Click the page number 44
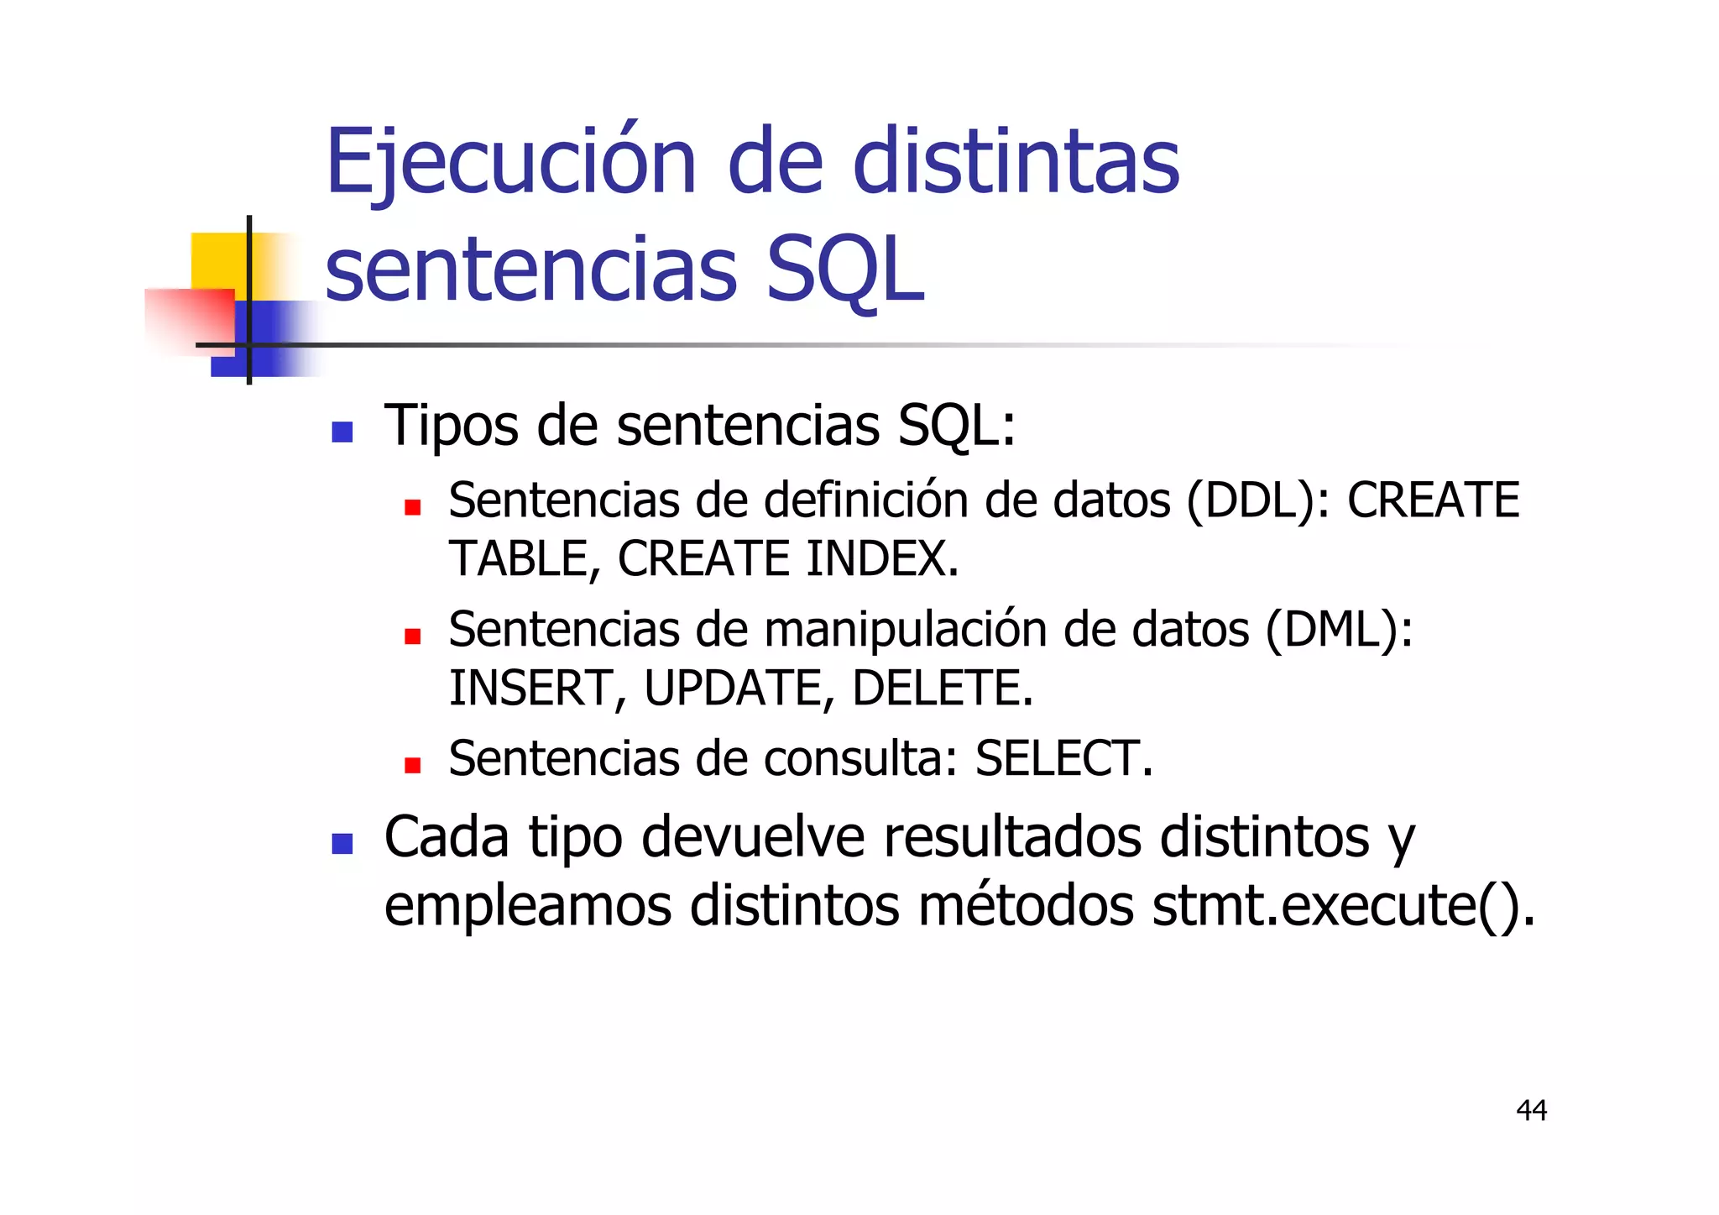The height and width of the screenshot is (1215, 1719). [x=1531, y=1110]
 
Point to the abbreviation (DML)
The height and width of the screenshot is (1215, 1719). [x=1339, y=630]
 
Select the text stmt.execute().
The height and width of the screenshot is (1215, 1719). [x=1343, y=906]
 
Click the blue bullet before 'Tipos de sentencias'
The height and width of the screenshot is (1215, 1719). [x=342, y=432]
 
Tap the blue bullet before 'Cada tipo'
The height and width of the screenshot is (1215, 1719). [x=342, y=843]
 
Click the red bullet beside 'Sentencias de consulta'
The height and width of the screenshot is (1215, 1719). [x=412, y=765]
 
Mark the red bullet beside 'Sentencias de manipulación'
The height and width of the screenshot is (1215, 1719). [x=412, y=636]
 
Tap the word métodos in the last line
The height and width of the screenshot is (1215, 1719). [x=1026, y=906]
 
